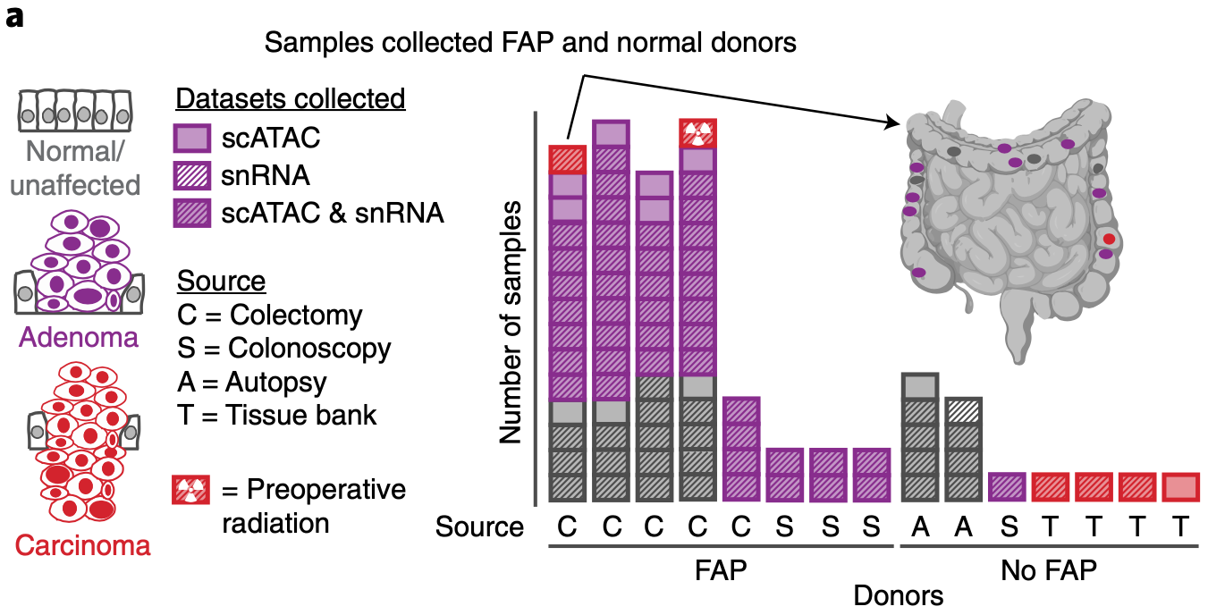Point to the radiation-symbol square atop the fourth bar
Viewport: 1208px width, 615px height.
click(x=697, y=134)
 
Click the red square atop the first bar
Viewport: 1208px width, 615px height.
click(x=567, y=159)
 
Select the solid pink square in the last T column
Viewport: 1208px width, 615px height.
click(x=1180, y=487)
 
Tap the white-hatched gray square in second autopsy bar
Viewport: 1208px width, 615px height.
click(x=962, y=412)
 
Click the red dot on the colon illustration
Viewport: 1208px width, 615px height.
click(x=1109, y=239)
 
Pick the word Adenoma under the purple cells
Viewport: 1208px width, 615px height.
click(x=79, y=338)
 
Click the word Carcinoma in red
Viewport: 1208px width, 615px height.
click(x=82, y=544)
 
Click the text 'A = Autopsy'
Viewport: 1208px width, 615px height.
click(x=252, y=383)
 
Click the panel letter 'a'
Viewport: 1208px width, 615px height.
click(x=15, y=18)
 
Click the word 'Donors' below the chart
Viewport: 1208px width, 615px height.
click(x=899, y=594)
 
